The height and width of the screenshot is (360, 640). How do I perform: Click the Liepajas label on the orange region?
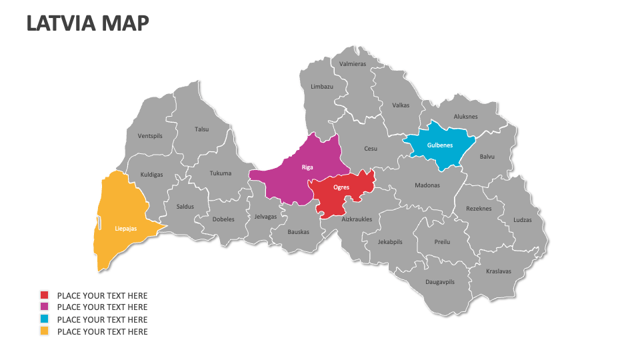point(126,229)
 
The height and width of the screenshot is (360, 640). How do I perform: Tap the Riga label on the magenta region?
point(307,167)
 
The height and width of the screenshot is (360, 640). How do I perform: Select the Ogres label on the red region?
point(341,187)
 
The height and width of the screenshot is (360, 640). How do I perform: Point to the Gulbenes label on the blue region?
point(440,145)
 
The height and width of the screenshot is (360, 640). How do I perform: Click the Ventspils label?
point(150,136)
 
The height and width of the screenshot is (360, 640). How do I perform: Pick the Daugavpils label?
point(440,282)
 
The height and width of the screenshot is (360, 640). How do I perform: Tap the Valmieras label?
point(353,64)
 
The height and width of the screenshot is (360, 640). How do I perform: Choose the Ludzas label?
point(523,220)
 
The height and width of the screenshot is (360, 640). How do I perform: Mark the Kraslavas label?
point(499,271)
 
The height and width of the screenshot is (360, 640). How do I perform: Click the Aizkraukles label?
point(357,219)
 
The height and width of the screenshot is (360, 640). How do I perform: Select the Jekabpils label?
point(390,242)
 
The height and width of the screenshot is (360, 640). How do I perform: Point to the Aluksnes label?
point(466,117)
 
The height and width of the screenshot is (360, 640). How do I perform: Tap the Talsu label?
point(201,129)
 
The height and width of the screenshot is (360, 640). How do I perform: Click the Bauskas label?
point(299,232)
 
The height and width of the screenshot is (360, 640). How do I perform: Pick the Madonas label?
point(427,185)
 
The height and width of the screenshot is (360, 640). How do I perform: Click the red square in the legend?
point(45,295)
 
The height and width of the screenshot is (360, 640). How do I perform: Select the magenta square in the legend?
point(45,307)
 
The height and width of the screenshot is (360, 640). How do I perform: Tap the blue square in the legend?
point(45,319)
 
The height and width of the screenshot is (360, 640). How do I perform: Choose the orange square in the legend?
point(45,331)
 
